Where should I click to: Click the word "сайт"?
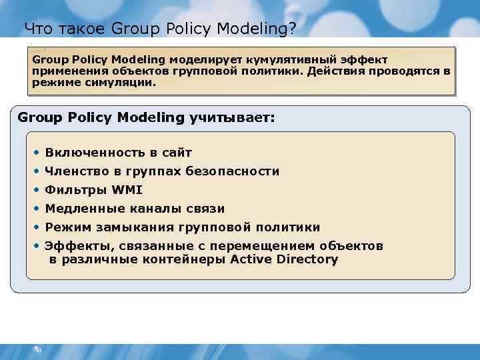[x=175, y=153]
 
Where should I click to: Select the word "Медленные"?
[x=81, y=209]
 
